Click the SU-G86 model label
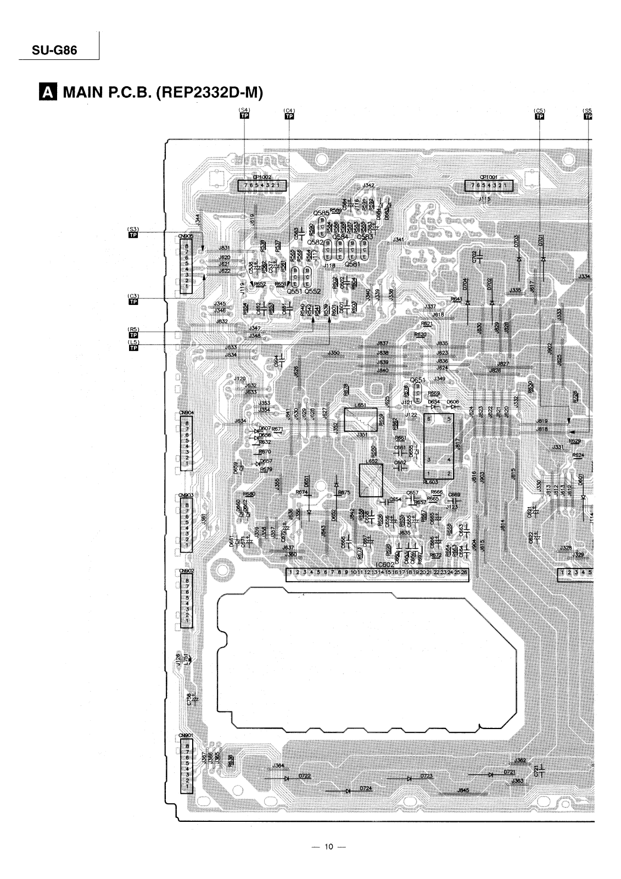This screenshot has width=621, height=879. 48,50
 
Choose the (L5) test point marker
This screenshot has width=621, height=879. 132,345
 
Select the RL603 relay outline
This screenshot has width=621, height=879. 439,446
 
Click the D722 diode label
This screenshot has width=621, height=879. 304,775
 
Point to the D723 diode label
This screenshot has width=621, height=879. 426,775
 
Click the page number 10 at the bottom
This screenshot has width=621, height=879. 328,846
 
